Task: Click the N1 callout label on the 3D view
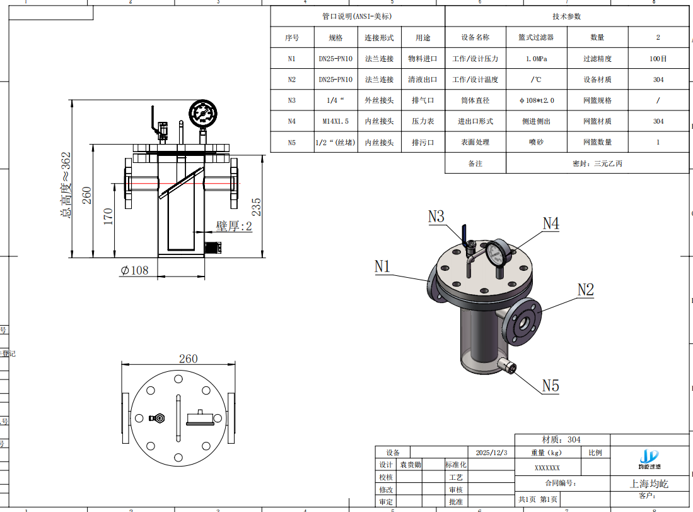383,266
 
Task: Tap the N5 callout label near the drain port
550,385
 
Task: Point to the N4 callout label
550,223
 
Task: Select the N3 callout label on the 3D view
436,217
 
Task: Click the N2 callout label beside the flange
586,290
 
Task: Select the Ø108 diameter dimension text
134,270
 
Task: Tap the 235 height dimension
256,206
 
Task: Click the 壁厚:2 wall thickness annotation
234,226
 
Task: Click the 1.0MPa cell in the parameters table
536,59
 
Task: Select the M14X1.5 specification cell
335,121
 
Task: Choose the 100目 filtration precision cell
658,59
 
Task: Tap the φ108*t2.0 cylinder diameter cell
536,100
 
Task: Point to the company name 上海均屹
649,484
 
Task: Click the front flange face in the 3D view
524,322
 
